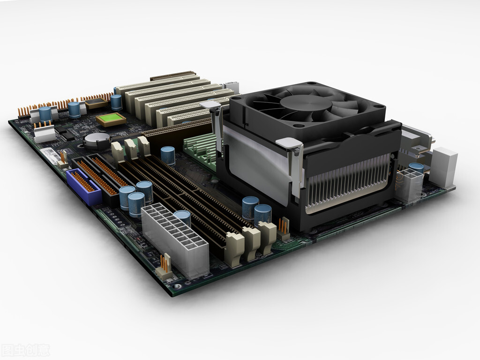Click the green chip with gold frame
[111, 119]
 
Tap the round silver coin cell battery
[97, 140]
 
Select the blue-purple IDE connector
[83, 187]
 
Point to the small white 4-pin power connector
[409, 185]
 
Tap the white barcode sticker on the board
[51, 155]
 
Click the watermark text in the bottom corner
[25, 350]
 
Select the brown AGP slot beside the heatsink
[178, 129]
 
